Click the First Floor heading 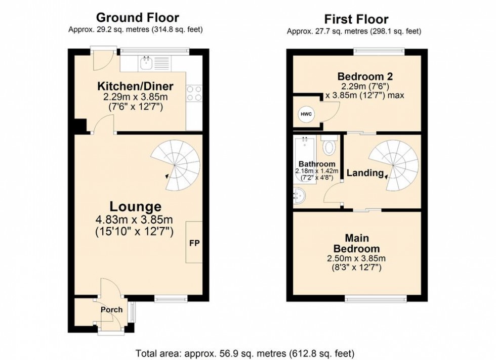coord(356,19)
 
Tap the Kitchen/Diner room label coord(135,85)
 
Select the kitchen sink coord(147,63)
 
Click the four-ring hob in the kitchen coord(194,94)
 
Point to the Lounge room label coord(135,206)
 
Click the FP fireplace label coord(194,243)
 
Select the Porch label coord(111,310)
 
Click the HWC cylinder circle coord(306,114)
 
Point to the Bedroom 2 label coord(365,77)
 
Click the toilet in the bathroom coord(329,146)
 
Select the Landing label coord(364,173)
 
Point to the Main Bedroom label coord(356,243)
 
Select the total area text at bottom coord(245,353)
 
